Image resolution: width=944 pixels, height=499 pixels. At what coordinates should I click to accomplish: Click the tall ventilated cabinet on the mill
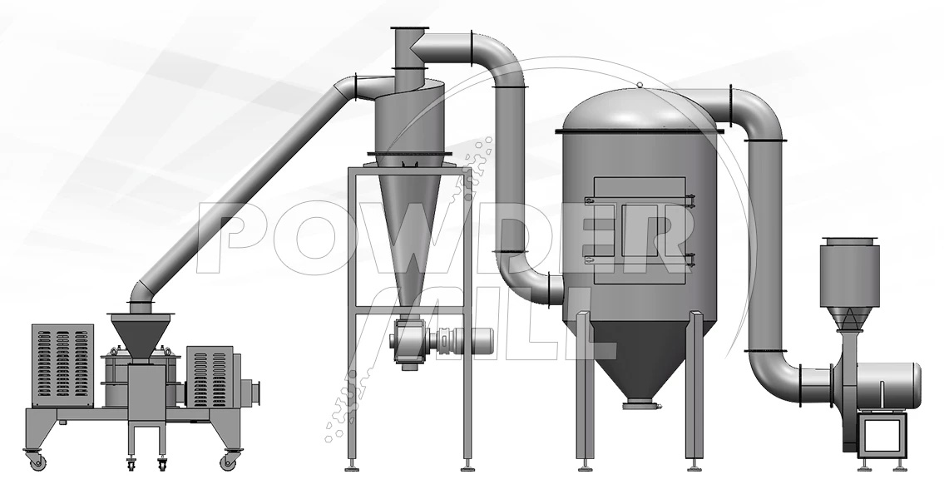pyautogui.click(x=62, y=366)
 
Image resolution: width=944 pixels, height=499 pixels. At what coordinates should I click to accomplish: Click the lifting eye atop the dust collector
pyautogui.click(x=640, y=85)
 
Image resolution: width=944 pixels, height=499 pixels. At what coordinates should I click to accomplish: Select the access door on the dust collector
pyautogui.click(x=640, y=230)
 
